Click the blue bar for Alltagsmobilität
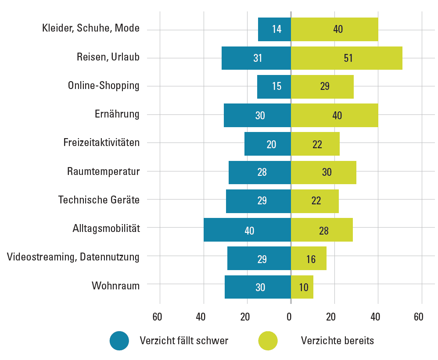tap(247, 230)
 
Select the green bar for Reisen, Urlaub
tap(346, 58)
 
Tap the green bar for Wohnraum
tap(302, 287)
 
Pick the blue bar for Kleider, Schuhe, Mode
tap(274, 29)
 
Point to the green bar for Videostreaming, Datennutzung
tap(309, 259)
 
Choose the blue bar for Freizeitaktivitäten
tap(268, 144)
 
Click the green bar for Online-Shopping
tap(322, 86)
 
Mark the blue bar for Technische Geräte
tap(258, 201)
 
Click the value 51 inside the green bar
tap(348, 58)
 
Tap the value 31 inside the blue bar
tap(258, 58)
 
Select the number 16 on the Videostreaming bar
tap(311, 259)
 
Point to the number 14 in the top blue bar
tap(276, 29)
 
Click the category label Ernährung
tap(117, 114)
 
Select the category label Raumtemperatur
tap(104, 171)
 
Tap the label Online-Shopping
tap(104, 86)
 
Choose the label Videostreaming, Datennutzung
tap(73, 257)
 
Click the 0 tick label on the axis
tap(289, 317)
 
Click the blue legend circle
tap(119, 341)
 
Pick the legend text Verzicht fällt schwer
tap(184, 341)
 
